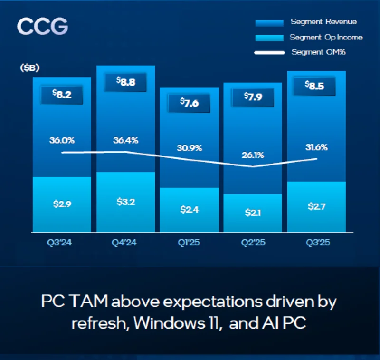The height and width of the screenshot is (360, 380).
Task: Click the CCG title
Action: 43,27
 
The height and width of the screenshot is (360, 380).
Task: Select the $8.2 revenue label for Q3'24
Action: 61,95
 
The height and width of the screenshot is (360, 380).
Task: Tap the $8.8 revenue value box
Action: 126,82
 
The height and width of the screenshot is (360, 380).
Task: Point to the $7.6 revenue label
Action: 189,103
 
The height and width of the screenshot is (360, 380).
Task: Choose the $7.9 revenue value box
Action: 253,97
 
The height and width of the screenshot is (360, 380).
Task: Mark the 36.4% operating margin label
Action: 126,140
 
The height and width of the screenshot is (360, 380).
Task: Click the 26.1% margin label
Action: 253,155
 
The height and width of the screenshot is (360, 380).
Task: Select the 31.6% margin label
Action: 316,147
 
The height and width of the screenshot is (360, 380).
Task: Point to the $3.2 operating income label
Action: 126,202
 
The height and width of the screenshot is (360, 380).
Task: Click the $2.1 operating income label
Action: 253,212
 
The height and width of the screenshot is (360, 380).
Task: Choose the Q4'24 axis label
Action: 125,243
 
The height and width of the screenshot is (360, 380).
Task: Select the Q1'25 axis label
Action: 189,243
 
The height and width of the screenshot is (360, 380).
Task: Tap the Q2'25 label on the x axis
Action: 253,243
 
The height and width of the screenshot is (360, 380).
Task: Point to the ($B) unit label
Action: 29,68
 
